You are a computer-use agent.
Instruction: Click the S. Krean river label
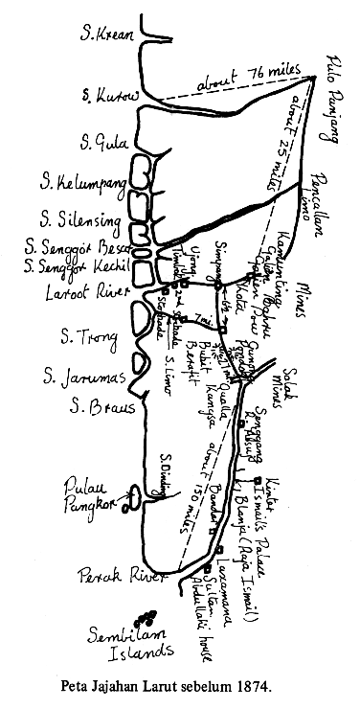pos(106,35)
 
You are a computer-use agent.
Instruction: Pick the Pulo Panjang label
pos(328,96)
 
